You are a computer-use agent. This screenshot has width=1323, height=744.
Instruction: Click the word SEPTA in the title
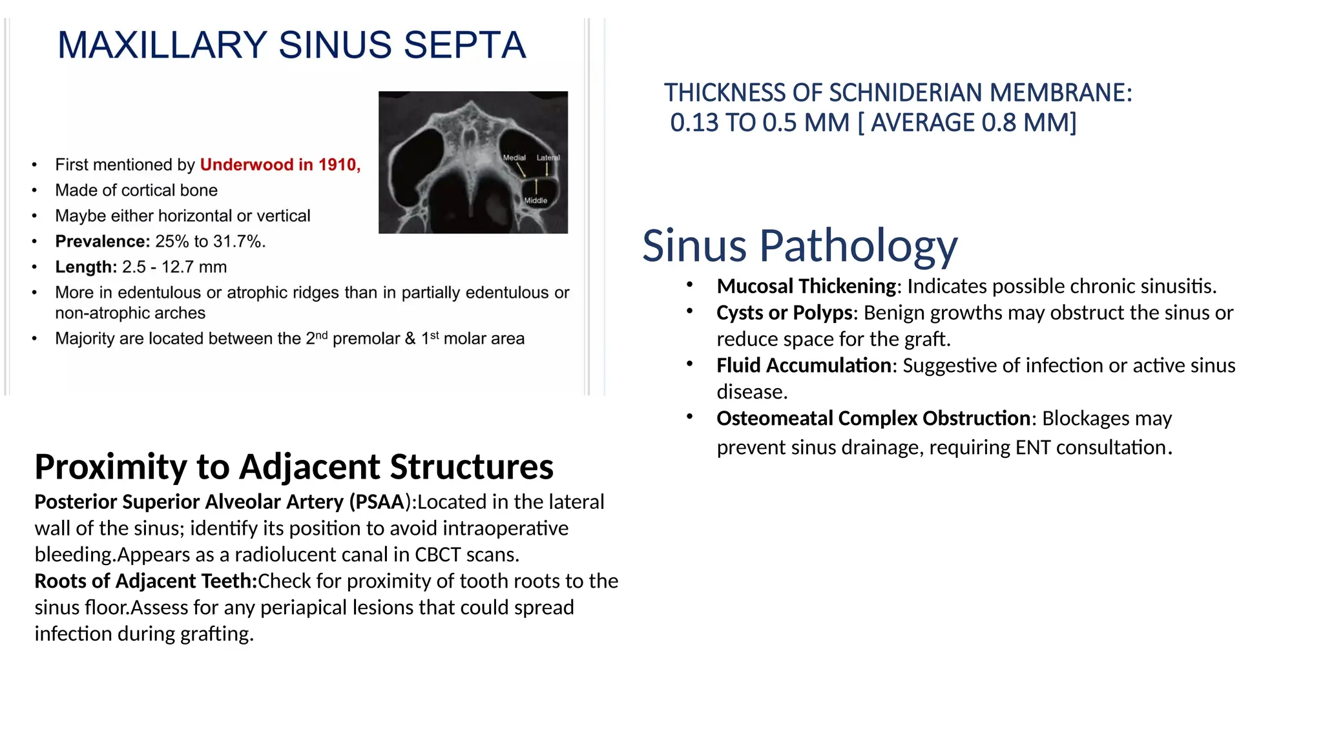pos(464,45)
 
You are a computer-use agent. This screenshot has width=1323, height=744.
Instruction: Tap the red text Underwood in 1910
pos(279,165)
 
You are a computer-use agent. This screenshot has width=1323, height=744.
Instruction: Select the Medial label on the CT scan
pos(514,158)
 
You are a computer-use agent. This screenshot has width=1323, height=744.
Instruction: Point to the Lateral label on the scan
pos(548,158)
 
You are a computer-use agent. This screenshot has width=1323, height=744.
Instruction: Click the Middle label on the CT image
pos(536,200)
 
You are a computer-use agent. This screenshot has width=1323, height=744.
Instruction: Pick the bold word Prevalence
pos(102,242)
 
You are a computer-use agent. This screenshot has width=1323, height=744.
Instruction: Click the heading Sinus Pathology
pos(799,245)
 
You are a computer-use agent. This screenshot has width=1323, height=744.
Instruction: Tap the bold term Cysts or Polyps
pos(784,313)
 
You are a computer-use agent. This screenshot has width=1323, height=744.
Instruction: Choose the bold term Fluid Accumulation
pos(804,366)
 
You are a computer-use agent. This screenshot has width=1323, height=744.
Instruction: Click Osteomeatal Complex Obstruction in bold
pos(873,418)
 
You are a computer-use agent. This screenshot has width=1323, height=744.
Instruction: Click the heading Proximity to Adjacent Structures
pos(294,466)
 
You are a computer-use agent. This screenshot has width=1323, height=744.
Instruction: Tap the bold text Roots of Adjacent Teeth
pos(145,581)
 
